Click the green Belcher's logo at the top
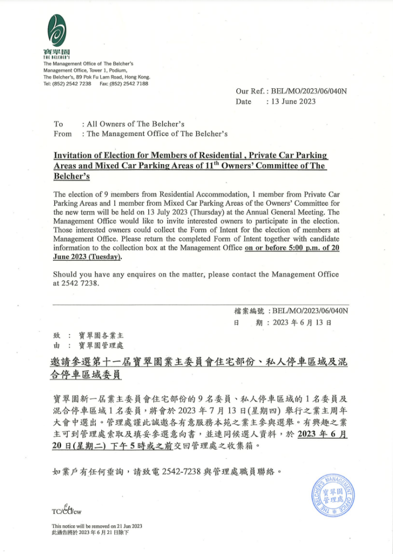pos(56,31)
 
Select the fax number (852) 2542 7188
pos(130,84)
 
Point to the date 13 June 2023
pos(293,102)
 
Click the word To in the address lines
pos(58,124)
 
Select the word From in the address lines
pos(63,134)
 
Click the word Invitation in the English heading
pos(74,156)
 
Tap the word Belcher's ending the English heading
pos(71,177)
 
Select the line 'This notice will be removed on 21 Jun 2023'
pos(97,526)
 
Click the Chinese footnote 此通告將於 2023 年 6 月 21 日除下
pos(90,532)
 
